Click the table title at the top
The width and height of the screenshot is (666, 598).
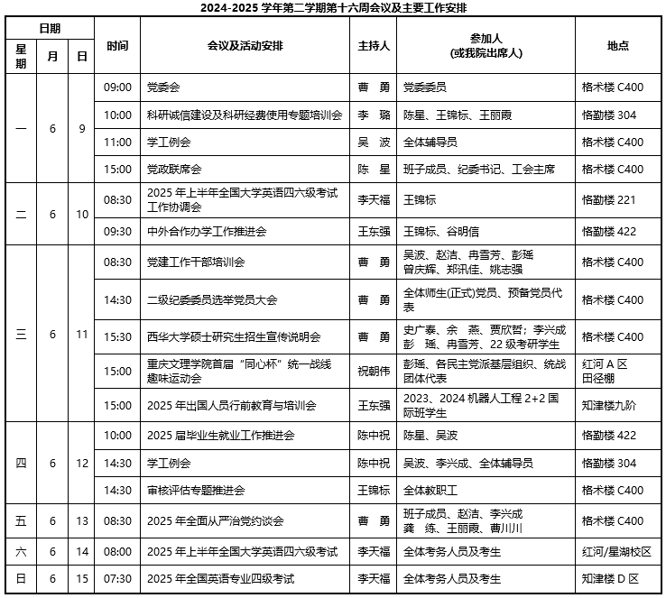[333, 8]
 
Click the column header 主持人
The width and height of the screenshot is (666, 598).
[374, 46]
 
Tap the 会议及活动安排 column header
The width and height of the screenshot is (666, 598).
[245, 46]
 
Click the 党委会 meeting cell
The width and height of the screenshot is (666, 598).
[163, 87]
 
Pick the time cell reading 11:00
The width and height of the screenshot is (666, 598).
[117, 142]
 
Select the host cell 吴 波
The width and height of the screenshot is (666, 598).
[374, 142]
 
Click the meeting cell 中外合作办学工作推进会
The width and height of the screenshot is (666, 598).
[207, 231]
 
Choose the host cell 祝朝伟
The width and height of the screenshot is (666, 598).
[374, 371]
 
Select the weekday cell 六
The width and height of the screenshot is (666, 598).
[21, 551]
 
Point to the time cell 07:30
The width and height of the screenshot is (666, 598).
[117, 578]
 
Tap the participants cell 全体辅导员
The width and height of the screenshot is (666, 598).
[430, 142]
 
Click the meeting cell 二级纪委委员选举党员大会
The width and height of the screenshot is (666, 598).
[212, 299]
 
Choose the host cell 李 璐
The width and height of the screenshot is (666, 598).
[374, 115]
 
